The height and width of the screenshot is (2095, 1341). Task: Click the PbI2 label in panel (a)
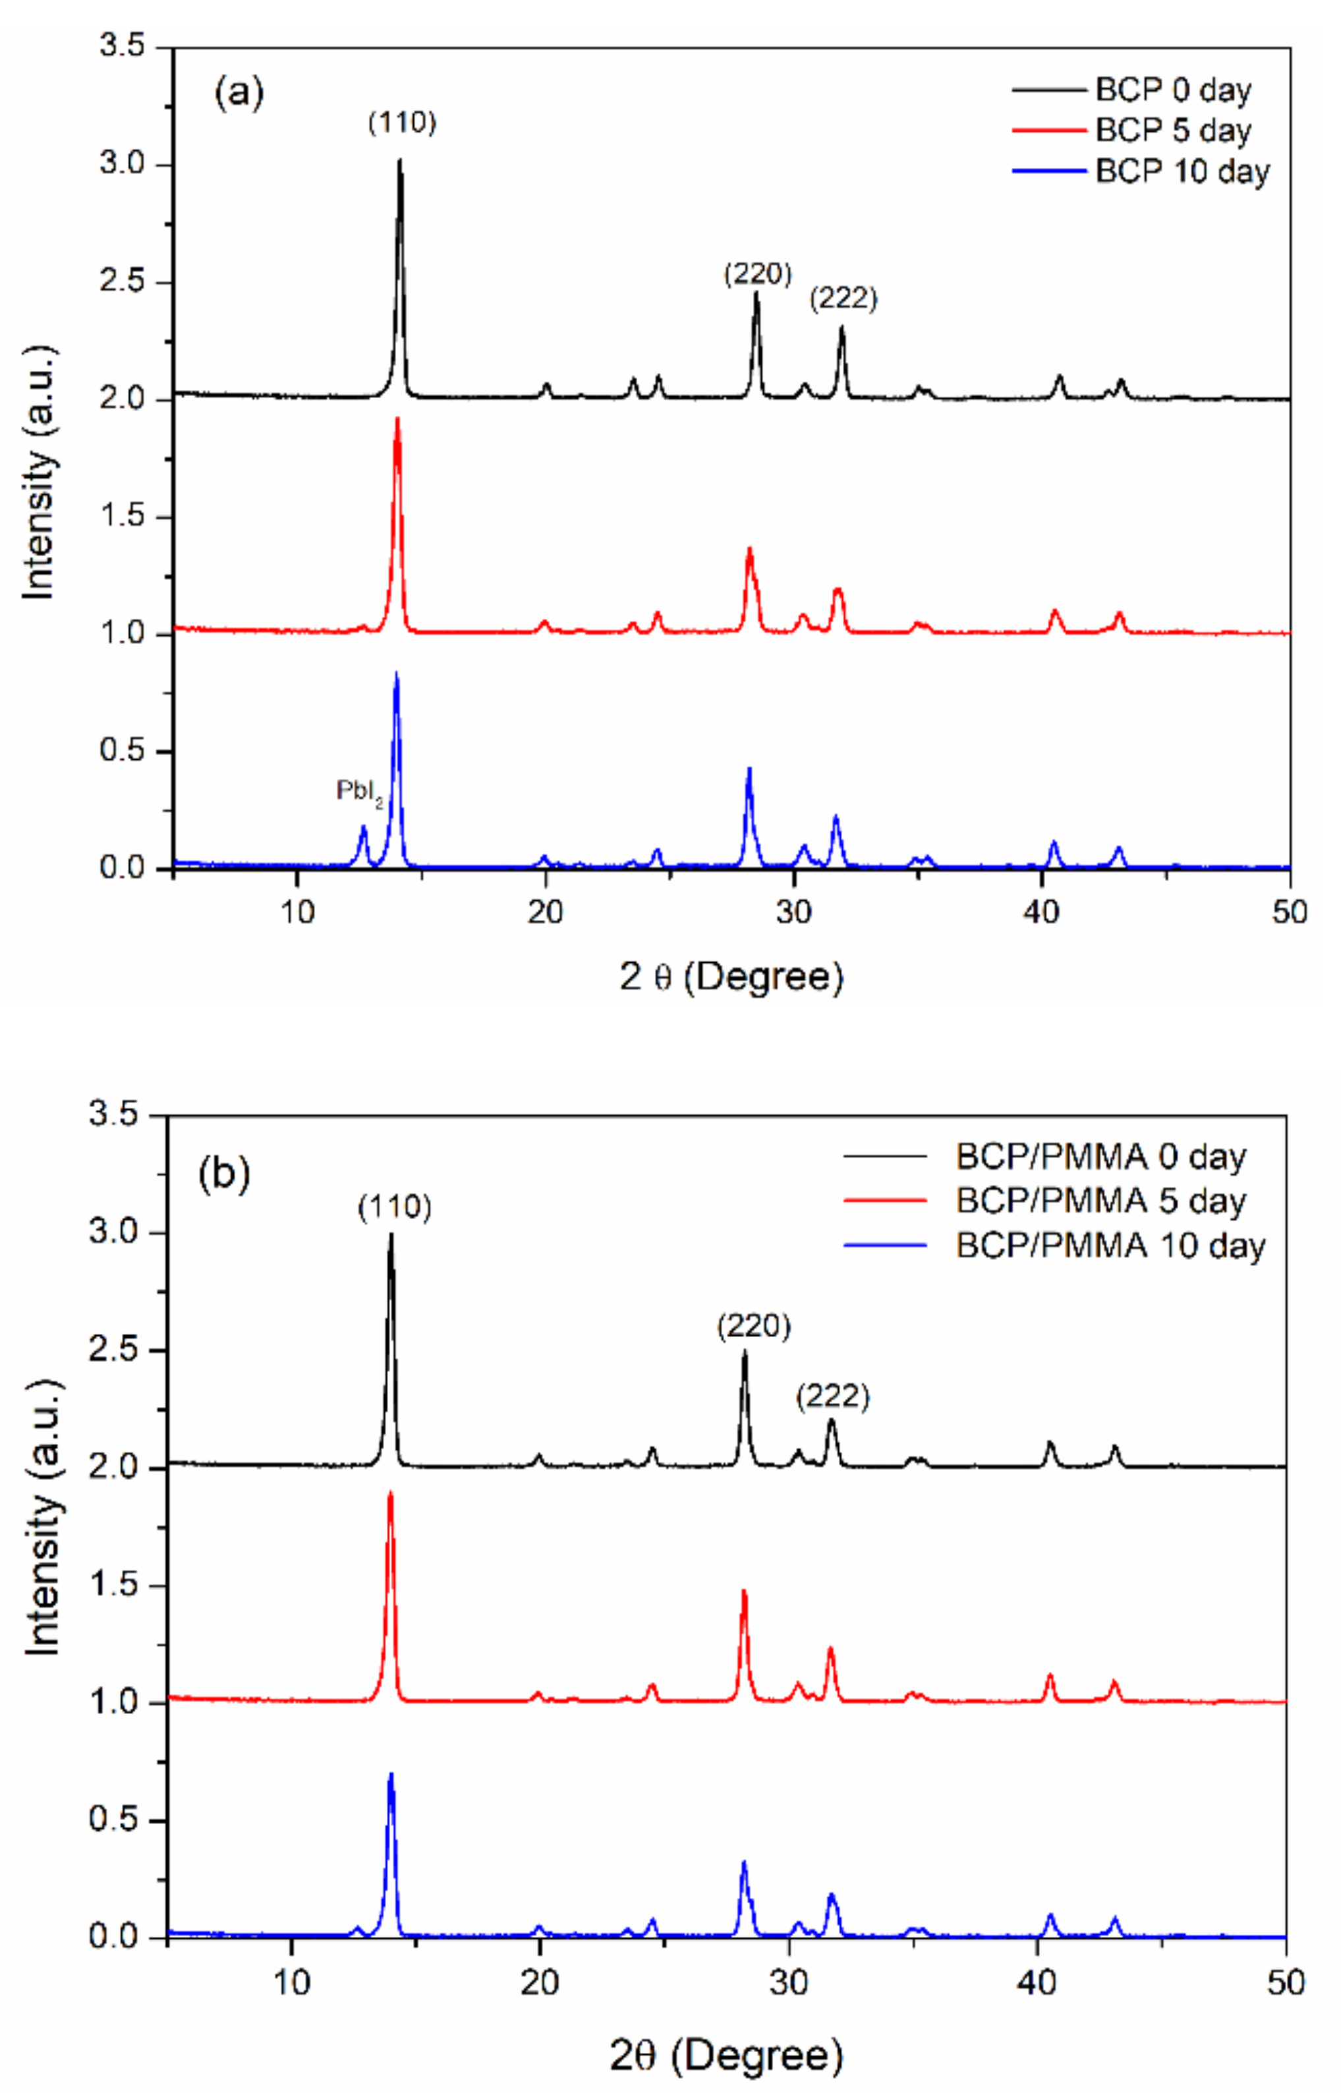(358, 791)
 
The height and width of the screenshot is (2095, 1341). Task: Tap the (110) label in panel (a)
(401, 123)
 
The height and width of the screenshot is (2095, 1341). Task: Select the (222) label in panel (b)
(832, 1396)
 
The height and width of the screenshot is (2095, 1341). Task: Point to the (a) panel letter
(239, 92)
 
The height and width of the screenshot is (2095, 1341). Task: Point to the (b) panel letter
(224, 1174)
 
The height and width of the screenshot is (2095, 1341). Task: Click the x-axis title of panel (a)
(731, 978)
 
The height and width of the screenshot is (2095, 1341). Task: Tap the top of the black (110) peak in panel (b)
(391, 1236)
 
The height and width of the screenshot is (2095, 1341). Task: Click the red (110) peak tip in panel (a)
(397, 420)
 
